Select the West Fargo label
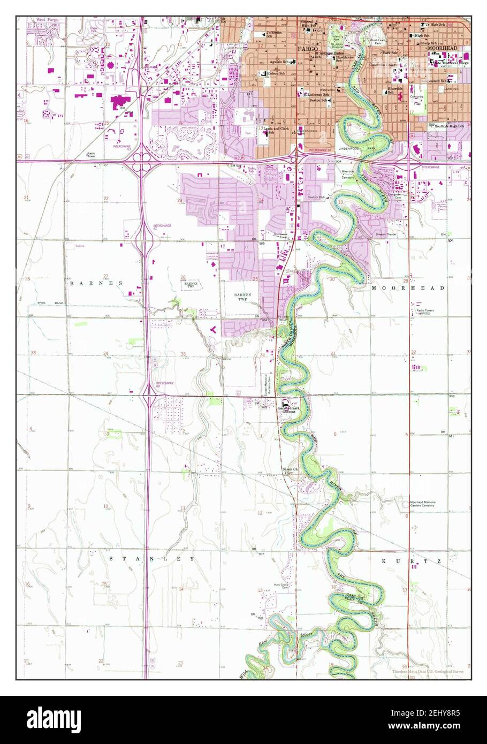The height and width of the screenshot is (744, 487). (47, 20)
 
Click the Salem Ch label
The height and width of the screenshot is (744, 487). (289, 469)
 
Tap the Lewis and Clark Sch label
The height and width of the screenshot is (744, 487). (272, 131)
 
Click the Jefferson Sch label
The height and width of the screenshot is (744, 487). (273, 34)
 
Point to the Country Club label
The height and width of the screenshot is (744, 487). (316, 198)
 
